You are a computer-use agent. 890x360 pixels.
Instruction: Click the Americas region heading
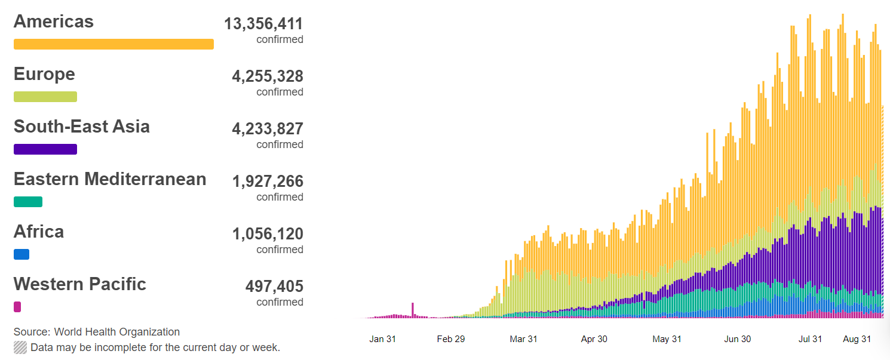tap(54, 21)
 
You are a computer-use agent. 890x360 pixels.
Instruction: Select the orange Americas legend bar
tap(113, 44)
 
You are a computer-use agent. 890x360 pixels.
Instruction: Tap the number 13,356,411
tap(263, 24)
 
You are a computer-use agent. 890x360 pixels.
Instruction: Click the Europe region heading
tap(44, 74)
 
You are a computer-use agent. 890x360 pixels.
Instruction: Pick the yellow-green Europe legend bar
tap(45, 97)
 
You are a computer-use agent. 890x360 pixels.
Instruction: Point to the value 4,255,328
tap(268, 76)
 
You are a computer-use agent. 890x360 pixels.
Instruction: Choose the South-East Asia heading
tap(82, 127)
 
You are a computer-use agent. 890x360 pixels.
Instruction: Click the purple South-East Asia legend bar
tap(45, 149)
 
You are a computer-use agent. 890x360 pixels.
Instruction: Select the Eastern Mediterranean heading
tap(110, 179)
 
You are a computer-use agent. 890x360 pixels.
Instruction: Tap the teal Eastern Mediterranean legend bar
tap(28, 202)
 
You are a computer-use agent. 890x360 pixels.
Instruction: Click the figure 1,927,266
tap(268, 181)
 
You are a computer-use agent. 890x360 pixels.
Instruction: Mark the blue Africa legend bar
tap(22, 254)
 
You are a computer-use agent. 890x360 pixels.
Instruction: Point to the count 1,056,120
tap(268, 234)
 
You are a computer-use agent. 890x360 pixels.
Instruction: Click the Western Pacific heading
tap(80, 284)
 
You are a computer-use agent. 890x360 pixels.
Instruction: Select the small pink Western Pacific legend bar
tap(17, 307)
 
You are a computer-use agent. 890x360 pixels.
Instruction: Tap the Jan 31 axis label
tap(383, 339)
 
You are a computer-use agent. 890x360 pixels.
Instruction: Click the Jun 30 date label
tap(738, 339)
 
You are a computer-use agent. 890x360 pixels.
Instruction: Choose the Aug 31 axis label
tap(857, 339)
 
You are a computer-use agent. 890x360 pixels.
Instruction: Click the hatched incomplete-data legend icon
tap(20, 347)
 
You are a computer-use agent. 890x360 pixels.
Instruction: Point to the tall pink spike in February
tap(413, 309)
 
